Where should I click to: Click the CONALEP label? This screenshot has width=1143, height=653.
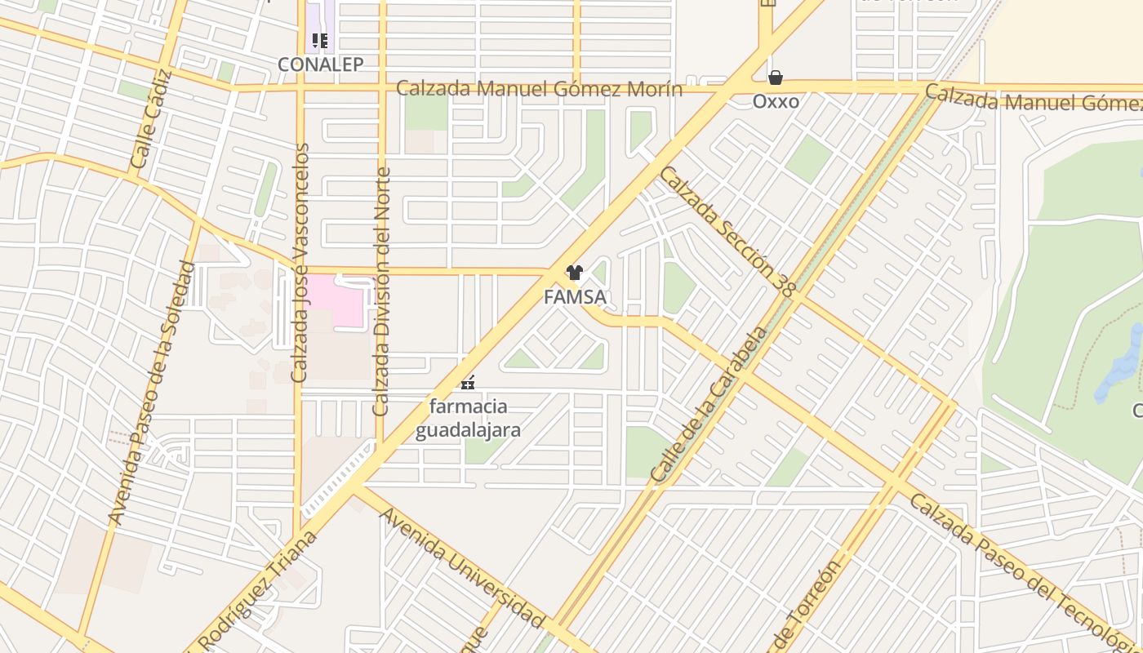[x=320, y=64]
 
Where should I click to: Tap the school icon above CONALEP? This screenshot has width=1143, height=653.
[x=320, y=40]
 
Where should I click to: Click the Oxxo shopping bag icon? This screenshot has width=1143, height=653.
[x=775, y=78]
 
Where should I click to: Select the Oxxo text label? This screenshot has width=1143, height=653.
[x=776, y=101]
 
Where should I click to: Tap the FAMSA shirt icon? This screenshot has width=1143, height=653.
[x=575, y=273]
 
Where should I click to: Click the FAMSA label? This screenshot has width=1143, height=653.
[x=575, y=297]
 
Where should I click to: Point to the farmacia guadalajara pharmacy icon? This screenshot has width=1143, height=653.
[x=468, y=381]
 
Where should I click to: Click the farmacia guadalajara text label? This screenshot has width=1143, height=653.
[x=468, y=418]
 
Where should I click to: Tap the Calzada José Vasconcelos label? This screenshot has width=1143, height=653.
[x=300, y=263]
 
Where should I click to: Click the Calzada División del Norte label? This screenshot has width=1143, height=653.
[x=381, y=291]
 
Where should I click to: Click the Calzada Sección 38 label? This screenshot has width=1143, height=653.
[x=728, y=231]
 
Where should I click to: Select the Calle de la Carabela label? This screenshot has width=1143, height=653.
[x=709, y=403]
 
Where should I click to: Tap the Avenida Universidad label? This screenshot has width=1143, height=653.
[x=462, y=568]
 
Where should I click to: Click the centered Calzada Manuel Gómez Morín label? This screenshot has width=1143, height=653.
[x=539, y=88]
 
